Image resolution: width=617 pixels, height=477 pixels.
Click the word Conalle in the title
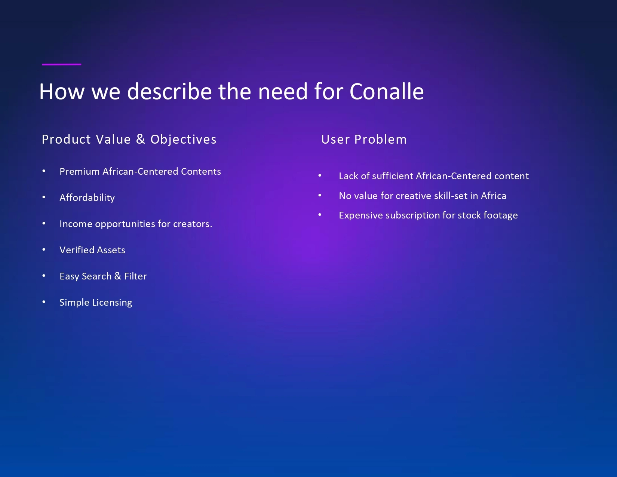[386, 92]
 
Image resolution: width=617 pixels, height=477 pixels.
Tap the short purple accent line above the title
[62, 64]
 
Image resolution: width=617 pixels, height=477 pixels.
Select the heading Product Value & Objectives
[129, 140]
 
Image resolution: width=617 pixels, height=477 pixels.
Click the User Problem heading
[364, 140]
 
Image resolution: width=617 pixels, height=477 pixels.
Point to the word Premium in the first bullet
[80, 172]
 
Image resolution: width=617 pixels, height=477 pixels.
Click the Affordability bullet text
[87, 198]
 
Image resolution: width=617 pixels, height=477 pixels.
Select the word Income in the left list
[76, 224]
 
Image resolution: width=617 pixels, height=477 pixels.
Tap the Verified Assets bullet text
[92, 250]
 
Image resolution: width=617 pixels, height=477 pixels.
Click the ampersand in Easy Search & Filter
[118, 276]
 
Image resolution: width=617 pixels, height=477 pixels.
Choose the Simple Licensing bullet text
[96, 303]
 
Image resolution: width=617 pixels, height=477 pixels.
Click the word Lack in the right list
[349, 176]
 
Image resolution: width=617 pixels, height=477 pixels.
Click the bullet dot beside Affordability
[44, 197]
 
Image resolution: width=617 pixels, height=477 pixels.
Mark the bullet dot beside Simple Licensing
[44, 302]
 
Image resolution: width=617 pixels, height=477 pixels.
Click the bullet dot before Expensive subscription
[320, 215]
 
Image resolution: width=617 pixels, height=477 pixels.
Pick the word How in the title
[62, 92]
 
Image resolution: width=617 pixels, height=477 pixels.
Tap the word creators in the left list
[193, 224]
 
